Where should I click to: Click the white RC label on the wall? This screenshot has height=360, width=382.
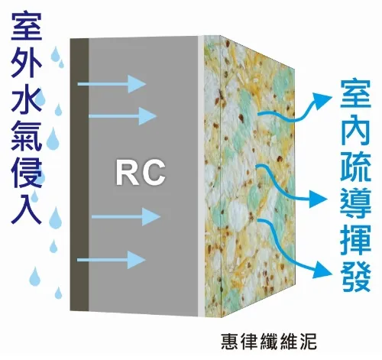141,173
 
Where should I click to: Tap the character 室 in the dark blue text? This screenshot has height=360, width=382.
27,26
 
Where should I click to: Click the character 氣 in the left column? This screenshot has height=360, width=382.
27,137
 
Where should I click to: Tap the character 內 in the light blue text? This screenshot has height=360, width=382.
355,131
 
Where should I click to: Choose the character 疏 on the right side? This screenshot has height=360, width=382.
355,167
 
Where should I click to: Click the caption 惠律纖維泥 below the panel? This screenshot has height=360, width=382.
269,341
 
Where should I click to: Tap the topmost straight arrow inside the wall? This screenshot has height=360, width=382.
112,84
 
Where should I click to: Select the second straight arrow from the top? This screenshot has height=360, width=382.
122,116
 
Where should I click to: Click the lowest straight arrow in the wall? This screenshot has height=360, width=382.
112,260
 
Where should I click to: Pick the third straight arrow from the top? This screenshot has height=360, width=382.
126,217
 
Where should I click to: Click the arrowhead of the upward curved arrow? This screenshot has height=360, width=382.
322,99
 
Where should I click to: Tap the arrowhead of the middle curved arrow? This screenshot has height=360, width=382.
318,198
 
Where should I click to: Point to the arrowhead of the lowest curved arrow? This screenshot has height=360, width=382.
323,269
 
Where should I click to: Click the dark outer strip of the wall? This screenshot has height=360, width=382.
79,174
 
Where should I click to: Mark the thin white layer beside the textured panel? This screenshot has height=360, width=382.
201,177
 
